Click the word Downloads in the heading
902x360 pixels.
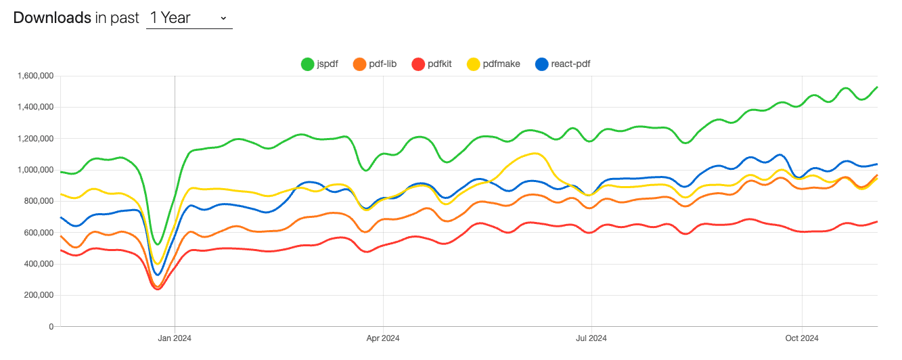[51, 18]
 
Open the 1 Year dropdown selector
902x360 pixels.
[189, 18]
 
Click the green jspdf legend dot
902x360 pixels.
[308, 64]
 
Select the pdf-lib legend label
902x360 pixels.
[382, 64]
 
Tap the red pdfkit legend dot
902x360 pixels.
[418, 64]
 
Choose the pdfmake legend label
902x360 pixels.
[501, 64]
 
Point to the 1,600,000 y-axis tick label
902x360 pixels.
[33, 76]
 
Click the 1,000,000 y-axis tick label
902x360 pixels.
[33, 170]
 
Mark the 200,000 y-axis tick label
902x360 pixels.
[37, 295]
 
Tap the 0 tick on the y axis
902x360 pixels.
[51, 326]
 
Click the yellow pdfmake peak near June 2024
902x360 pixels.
[535, 154]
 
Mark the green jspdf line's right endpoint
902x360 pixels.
[878, 87]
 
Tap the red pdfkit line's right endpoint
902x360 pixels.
[878, 221]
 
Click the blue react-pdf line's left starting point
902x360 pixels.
[61, 217]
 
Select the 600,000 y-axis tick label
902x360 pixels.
[37, 232]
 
